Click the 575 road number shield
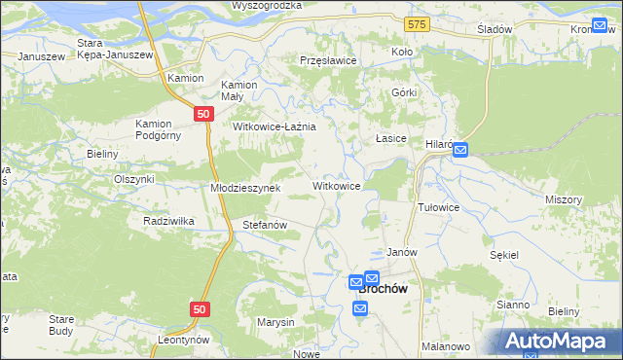tap(418, 22)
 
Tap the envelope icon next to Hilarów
tap(460, 150)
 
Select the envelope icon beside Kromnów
tap(599, 26)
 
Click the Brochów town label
tap(383, 288)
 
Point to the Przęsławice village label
tap(329, 60)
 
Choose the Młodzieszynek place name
tap(246, 188)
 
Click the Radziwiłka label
tap(169, 221)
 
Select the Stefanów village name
tap(264, 225)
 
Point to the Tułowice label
tap(438, 208)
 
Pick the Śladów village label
tap(495, 29)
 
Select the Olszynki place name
tap(134, 179)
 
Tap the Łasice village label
tap(391, 139)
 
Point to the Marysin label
tap(275, 321)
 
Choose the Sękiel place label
tap(505, 254)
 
